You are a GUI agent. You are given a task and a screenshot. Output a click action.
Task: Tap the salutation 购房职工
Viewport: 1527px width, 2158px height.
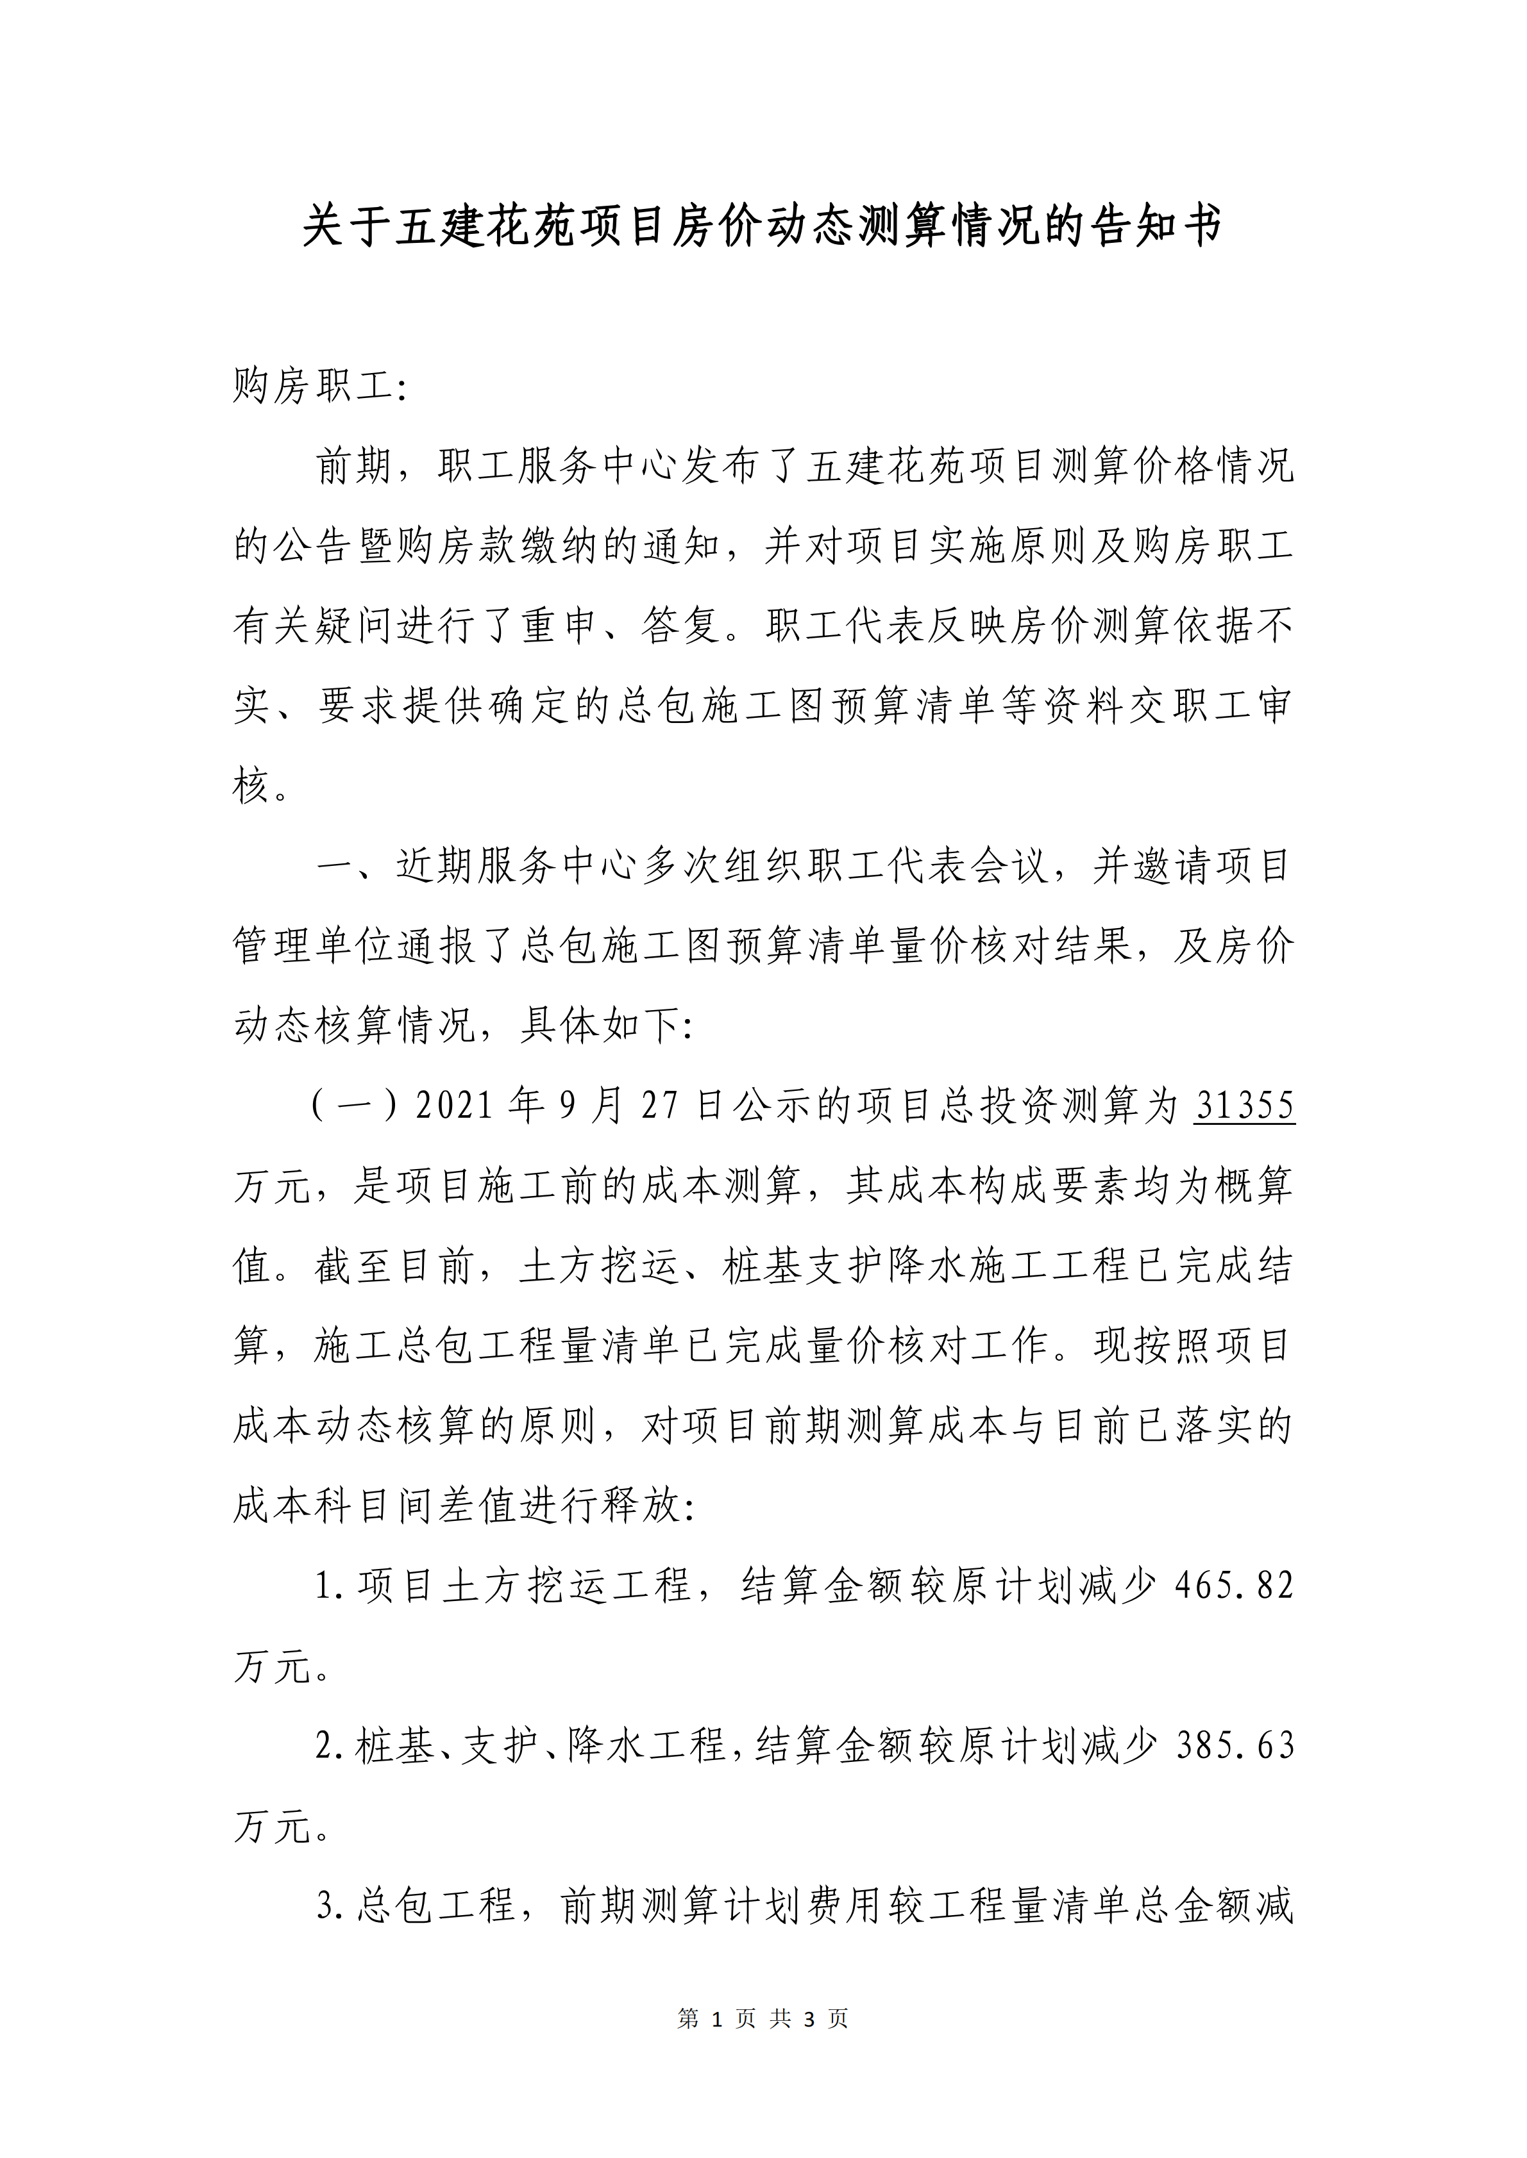click(313, 385)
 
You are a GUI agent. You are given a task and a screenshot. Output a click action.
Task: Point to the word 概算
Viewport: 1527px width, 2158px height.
click(1253, 1185)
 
